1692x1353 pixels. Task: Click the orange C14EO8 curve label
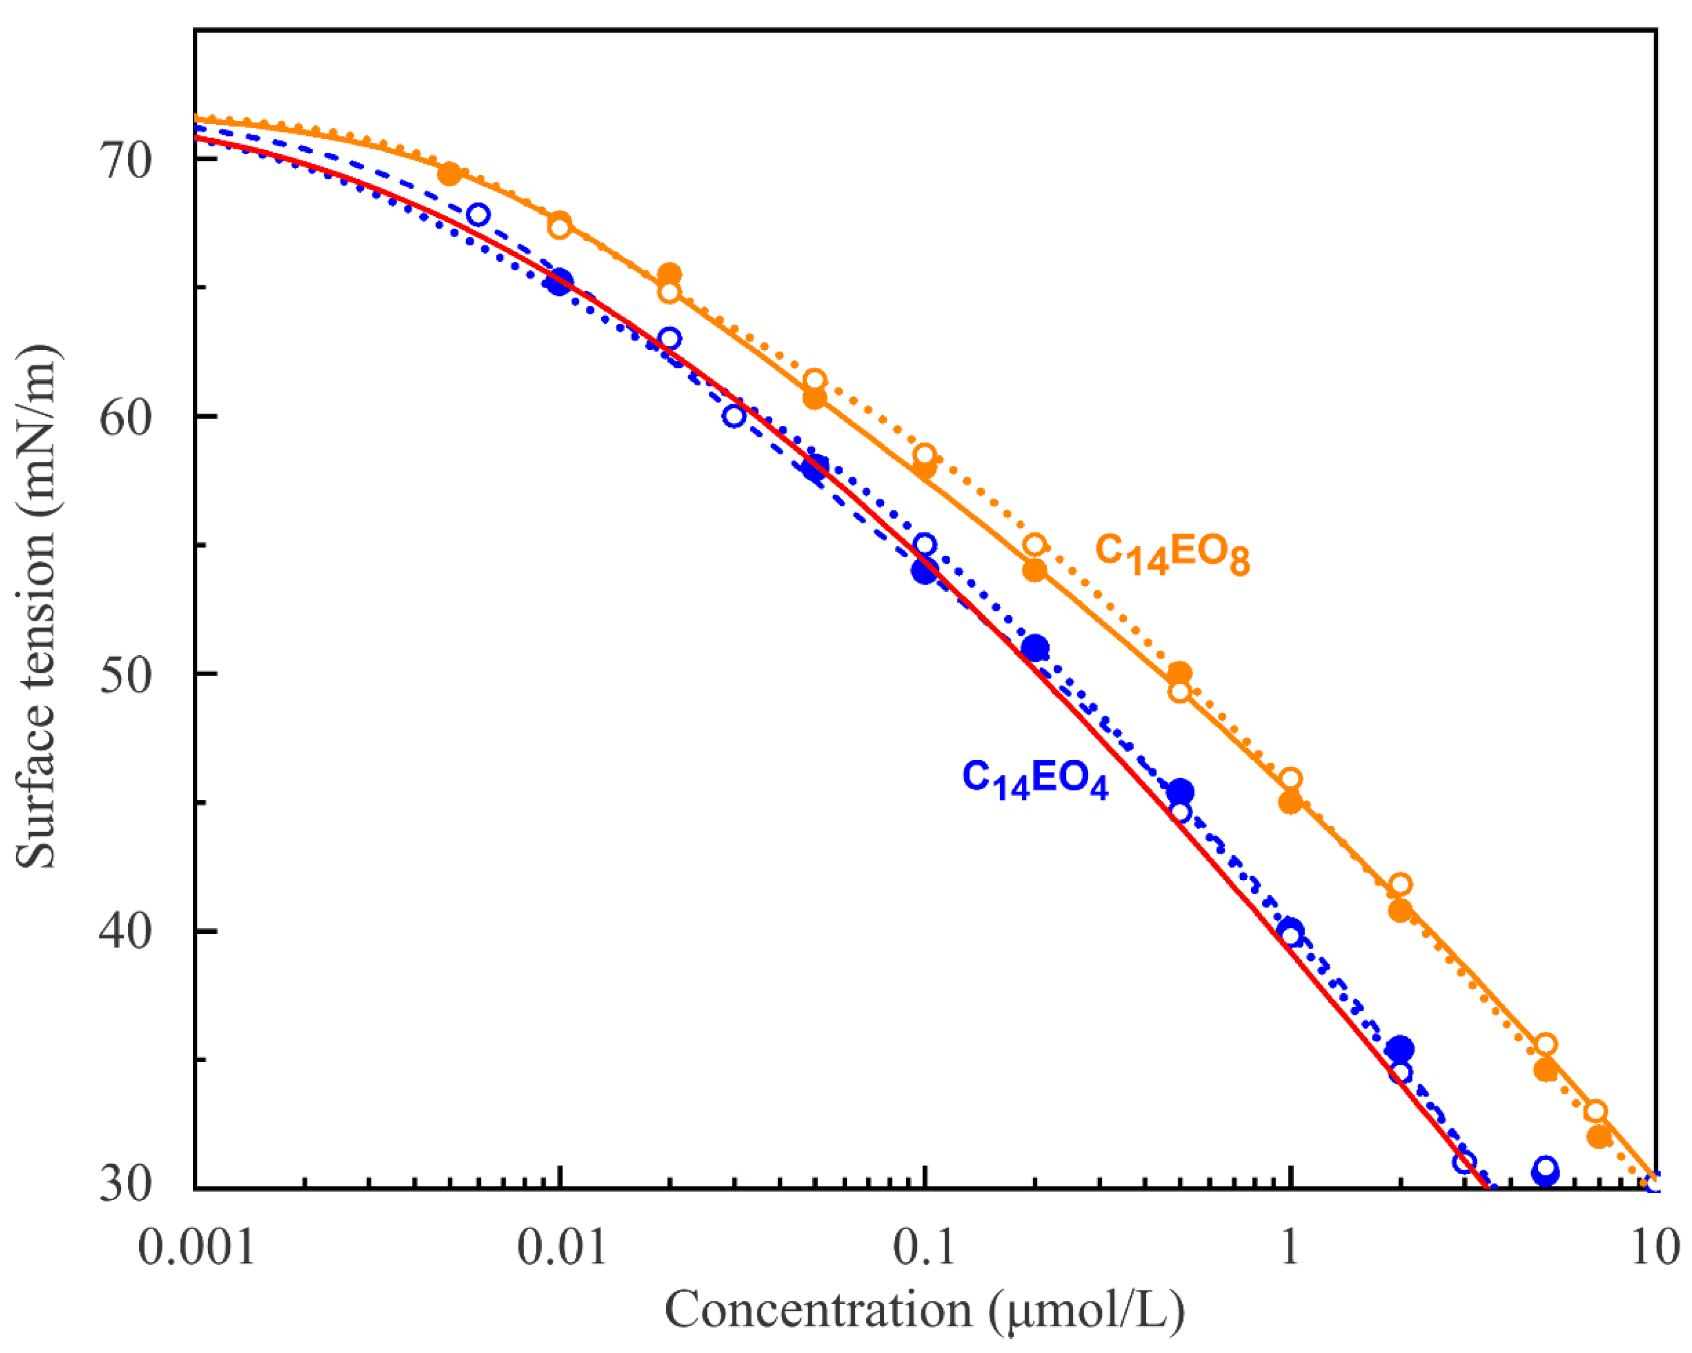(x=1171, y=555)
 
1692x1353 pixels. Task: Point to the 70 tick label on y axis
(x=125, y=161)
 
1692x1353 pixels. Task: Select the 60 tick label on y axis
(x=125, y=418)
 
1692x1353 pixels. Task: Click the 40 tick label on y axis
(x=125, y=932)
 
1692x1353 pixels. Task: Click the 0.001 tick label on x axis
(x=196, y=1246)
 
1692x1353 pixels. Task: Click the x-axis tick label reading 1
(x=1290, y=1246)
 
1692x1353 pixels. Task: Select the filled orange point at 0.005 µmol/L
(x=450, y=174)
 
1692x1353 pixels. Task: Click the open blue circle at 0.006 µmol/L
(x=478, y=214)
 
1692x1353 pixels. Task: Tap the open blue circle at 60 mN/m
(x=734, y=416)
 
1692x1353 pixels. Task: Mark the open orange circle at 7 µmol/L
(x=1596, y=1111)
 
